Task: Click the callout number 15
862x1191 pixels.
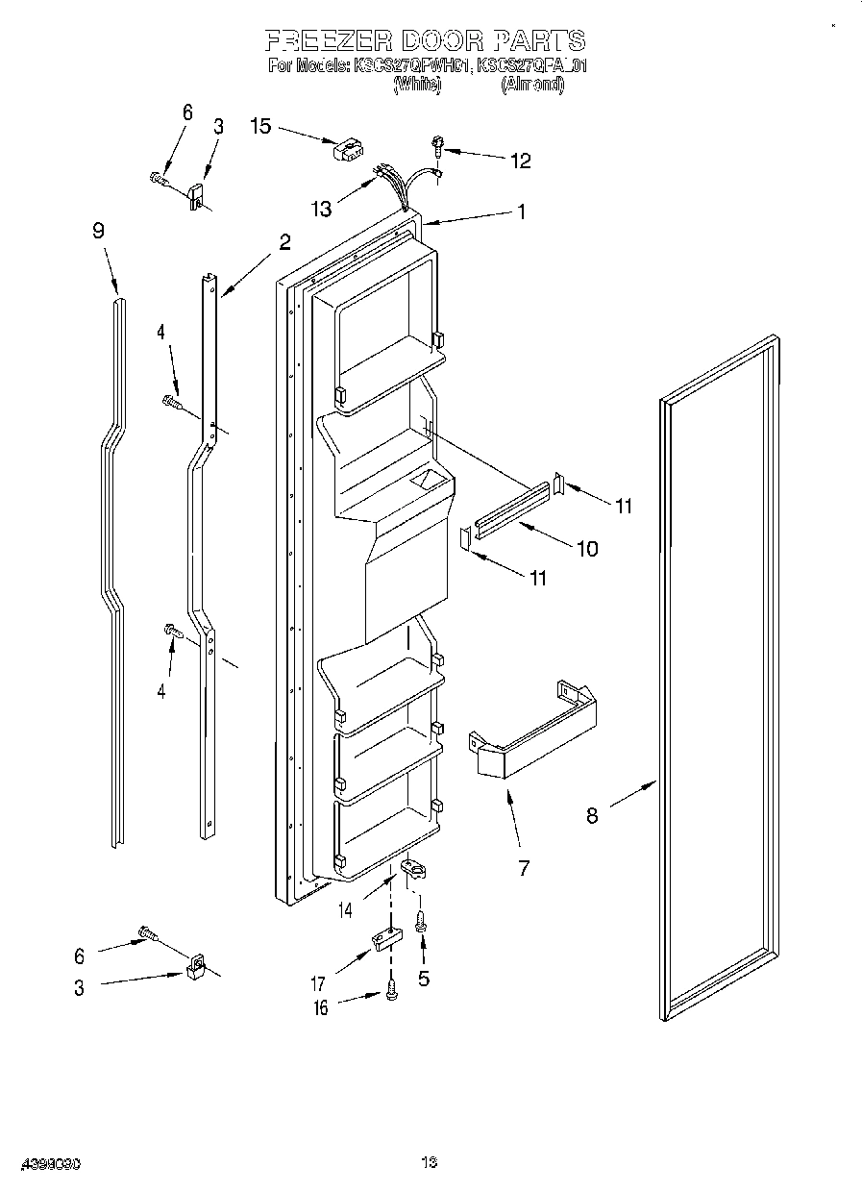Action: pyautogui.click(x=260, y=125)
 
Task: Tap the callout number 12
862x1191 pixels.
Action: pyautogui.click(x=520, y=161)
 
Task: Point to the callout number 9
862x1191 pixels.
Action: pyautogui.click(x=98, y=231)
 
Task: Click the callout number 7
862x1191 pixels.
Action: pyautogui.click(x=524, y=868)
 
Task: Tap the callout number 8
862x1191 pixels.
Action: pyautogui.click(x=592, y=815)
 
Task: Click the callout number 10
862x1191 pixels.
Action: pyautogui.click(x=586, y=549)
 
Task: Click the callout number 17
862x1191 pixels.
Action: pyautogui.click(x=317, y=983)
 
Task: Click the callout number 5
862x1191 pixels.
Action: pyautogui.click(x=424, y=980)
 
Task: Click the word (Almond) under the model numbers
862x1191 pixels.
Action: pyautogui.click(x=532, y=85)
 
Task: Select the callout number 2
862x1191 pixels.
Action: pyautogui.click(x=284, y=242)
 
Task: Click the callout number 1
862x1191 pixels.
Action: pyautogui.click(x=522, y=212)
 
